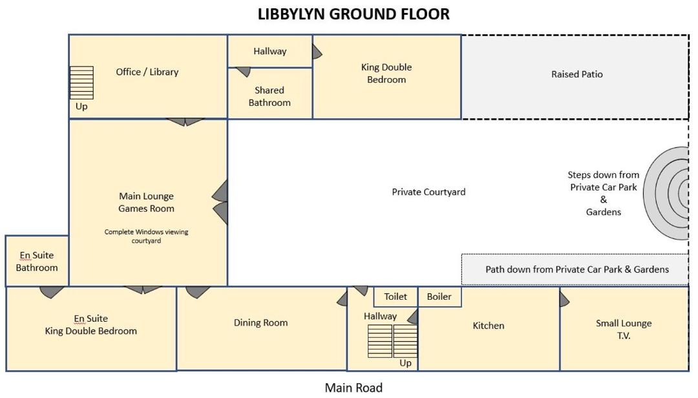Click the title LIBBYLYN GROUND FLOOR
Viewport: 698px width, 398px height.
click(354, 14)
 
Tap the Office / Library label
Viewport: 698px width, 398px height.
click(147, 72)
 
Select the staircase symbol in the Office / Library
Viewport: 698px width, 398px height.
click(81, 83)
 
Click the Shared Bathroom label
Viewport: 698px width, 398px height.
click(270, 96)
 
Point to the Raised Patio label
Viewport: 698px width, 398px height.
click(576, 74)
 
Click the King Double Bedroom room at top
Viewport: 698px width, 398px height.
click(386, 74)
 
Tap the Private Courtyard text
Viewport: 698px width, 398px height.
click(428, 192)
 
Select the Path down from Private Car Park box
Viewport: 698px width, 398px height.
click(576, 269)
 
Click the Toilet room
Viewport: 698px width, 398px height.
click(396, 297)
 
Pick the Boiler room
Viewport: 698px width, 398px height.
click(439, 297)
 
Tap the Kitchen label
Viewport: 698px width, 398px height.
click(489, 326)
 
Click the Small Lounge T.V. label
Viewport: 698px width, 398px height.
click(624, 330)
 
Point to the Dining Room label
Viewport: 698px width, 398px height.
click(260, 323)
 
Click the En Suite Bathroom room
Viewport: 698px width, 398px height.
click(37, 262)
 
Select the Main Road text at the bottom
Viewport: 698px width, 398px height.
click(354, 388)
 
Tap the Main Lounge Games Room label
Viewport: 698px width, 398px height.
click(146, 202)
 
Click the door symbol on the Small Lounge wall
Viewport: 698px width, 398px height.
click(564, 298)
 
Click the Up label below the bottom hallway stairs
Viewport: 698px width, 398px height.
click(405, 363)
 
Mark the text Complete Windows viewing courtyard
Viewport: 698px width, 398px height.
click(146, 236)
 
